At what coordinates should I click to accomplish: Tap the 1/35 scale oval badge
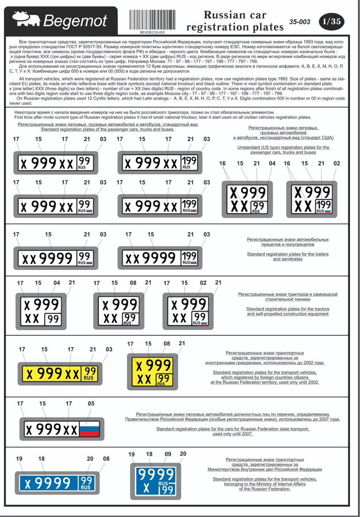point(331,21)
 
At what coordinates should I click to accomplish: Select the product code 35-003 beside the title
point(300,22)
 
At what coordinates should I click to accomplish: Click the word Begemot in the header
point(75,21)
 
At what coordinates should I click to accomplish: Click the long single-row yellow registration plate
point(60,373)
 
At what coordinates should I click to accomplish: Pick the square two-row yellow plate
point(153,372)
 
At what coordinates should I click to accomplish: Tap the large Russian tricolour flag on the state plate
point(90,429)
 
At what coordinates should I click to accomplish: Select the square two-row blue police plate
point(156,481)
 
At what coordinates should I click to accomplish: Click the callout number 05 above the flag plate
point(91,403)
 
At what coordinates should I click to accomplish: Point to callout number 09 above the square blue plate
point(168,454)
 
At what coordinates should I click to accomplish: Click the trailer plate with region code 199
point(160,258)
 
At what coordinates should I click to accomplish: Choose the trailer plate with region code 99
point(56,258)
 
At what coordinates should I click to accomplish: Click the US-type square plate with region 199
point(312,199)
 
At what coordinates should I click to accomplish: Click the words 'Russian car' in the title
point(235,15)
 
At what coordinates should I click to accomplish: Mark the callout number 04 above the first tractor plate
point(57,283)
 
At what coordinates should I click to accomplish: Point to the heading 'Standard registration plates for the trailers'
point(287,254)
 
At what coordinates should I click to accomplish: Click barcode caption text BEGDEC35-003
point(152,32)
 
